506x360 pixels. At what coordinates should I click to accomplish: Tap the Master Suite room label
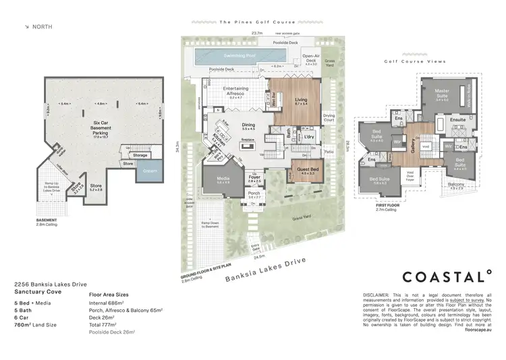coord(442,92)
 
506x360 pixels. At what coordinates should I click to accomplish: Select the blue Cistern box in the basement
coord(150,171)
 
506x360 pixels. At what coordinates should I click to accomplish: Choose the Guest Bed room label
coord(308,170)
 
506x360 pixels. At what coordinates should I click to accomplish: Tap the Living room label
coord(301,100)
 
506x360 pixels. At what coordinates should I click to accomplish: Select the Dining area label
coord(248,125)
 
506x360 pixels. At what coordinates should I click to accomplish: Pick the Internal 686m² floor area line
coord(111,304)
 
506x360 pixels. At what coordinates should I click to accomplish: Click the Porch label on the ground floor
coord(254,193)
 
